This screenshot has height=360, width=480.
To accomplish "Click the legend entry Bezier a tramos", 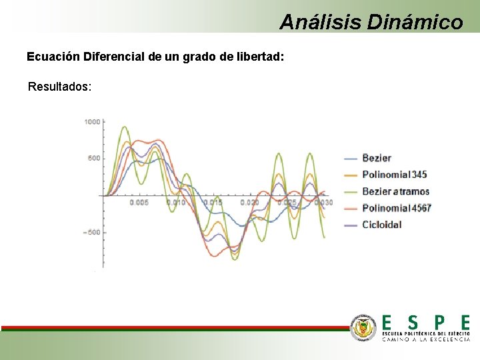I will pos(395,191).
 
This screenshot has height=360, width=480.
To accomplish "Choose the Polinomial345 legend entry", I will pos(394,175).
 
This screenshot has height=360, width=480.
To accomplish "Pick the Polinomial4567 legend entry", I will pos(397,208).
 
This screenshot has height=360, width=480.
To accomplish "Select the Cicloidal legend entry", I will pos(382,225).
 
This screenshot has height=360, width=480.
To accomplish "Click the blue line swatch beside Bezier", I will pos(351,159).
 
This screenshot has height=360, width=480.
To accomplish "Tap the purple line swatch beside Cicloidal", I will pos(351,225).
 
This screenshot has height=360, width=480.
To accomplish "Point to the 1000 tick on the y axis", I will pos(92,121).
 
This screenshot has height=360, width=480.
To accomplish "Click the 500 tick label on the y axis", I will pos(94,158).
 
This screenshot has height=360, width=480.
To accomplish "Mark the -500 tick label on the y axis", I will pos(92,232).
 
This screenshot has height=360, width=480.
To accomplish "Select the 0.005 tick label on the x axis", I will pos(139,202).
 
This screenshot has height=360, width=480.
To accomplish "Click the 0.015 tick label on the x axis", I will pos(213,202).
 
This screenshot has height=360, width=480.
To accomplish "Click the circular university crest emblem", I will pos(364,327).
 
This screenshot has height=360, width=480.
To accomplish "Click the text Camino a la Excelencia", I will pos(425,339).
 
